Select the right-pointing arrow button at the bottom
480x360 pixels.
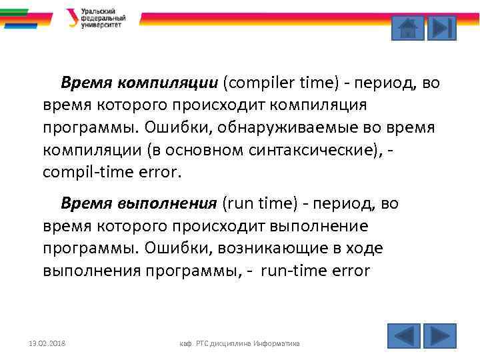coord(439,335)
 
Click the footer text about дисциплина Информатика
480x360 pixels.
coord(241,343)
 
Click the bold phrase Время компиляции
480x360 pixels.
coord(139,83)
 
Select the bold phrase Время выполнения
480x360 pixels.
coord(139,203)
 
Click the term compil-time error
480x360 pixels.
coord(111,171)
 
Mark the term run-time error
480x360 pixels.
coord(315,271)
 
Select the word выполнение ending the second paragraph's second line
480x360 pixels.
coord(320,225)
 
